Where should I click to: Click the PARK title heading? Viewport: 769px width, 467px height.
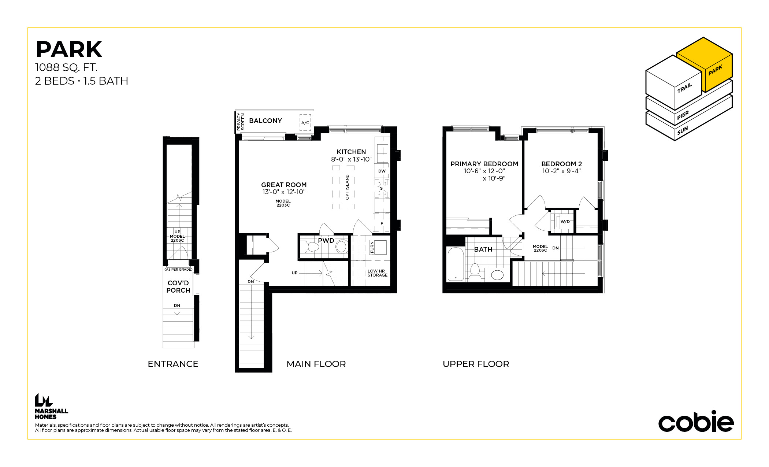[x=69, y=49]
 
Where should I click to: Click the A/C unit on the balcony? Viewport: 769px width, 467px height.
[x=305, y=123]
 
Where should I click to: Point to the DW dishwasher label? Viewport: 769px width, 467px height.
[x=382, y=171]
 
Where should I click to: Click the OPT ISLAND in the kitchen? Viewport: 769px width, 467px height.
[x=343, y=187]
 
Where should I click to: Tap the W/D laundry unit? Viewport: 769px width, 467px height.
[x=563, y=222]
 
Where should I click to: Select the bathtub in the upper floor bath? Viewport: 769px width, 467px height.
[x=456, y=264]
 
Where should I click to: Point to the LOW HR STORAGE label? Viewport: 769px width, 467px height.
[x=377, y=273]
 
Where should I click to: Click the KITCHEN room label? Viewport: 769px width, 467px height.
[x=351, y=152]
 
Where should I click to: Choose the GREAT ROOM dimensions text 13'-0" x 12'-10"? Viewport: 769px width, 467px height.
[x=284, y=192]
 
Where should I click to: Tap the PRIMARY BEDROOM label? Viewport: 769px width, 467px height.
[x=484, y=164]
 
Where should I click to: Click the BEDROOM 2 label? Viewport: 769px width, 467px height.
[x=561, y=164]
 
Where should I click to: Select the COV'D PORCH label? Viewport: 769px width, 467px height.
[x=178, y=287]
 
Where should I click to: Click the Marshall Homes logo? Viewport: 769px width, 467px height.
[x=51, y=406]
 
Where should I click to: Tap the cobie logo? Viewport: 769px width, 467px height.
[x=696, y=422]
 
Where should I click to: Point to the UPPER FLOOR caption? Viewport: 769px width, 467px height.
[x=476, y=364]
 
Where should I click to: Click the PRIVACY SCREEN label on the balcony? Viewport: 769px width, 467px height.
[x=241, y=122]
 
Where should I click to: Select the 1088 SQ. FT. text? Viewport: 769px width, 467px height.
[x=66, y=67]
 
